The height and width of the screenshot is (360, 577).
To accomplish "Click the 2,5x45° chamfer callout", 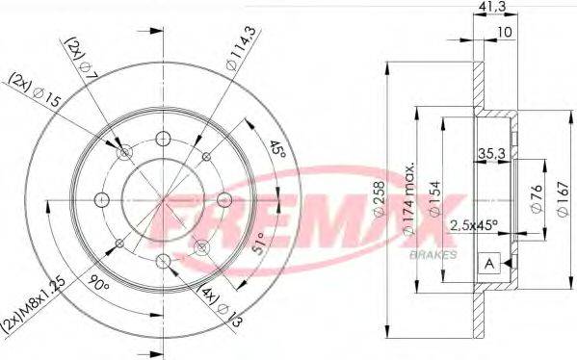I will (476, 226).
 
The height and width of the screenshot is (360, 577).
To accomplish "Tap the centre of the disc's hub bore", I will (163, 199).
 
